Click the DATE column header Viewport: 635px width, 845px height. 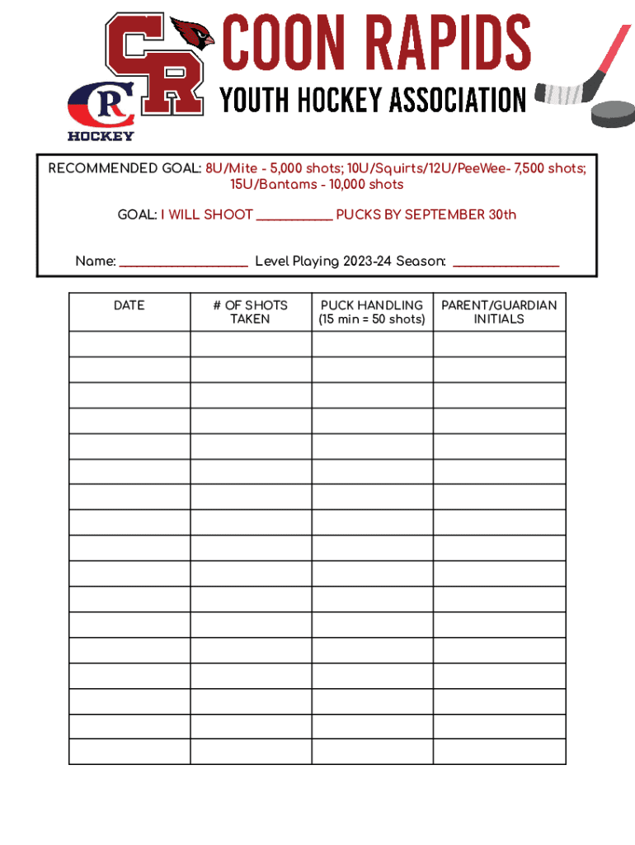(129, 305)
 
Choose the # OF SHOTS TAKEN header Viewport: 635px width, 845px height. (250, 312)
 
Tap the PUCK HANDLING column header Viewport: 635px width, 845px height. (372, 305)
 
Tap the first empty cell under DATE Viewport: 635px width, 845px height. (129, 344)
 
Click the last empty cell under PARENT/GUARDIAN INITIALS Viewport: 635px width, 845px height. (499, 751)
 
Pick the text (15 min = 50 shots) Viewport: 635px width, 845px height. (372, 319)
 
